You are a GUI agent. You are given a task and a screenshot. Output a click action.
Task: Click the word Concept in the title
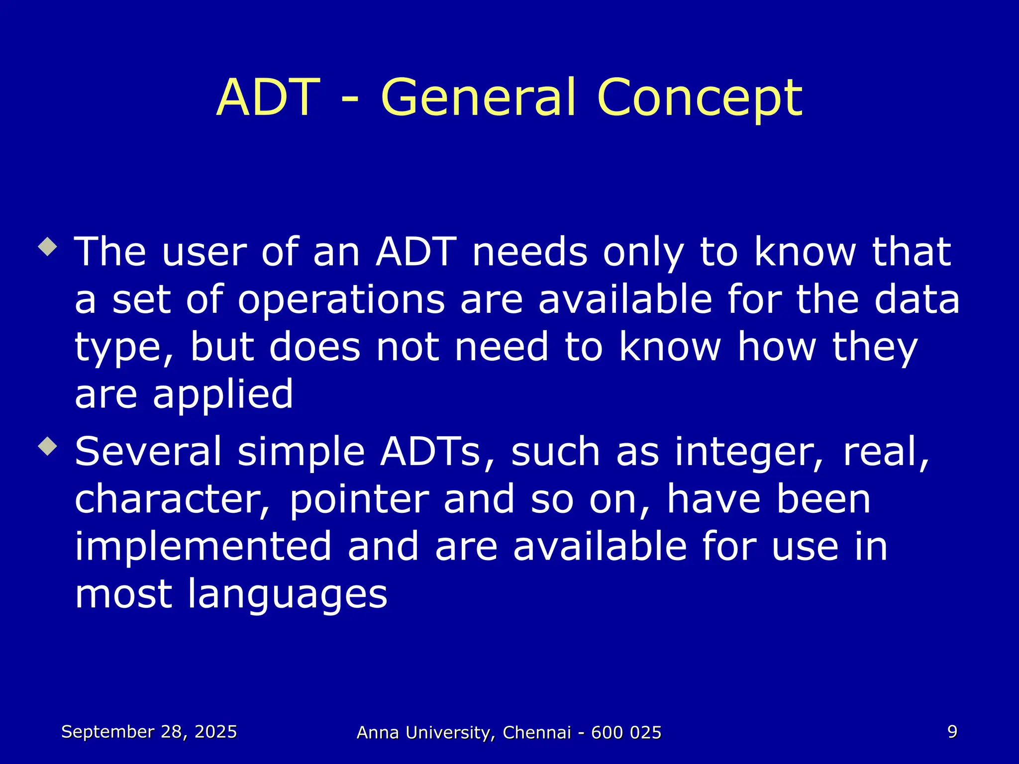[699, 98]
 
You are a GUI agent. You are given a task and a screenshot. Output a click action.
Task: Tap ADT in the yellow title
[268, 98]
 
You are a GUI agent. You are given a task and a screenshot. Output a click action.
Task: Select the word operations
[341, 300]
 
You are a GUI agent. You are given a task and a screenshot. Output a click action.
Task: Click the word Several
[148, 452]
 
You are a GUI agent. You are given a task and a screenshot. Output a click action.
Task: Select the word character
[172, 499]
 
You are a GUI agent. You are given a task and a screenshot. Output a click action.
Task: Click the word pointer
[359, 499]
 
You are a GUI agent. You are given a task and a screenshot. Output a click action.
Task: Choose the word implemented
[203, 546]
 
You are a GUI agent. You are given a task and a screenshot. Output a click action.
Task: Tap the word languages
[287, 595]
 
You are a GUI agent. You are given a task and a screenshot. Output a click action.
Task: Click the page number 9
[952, 732]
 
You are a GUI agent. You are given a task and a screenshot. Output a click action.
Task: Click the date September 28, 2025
[149, 732]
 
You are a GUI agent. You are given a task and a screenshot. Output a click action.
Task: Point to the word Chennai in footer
[536, 733]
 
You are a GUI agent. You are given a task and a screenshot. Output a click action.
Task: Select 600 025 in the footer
[626, 733]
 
